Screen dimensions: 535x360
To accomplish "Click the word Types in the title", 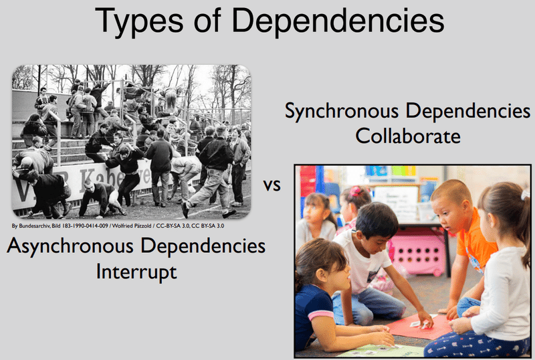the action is pos(139,21).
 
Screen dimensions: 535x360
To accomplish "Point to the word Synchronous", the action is pos(342,112).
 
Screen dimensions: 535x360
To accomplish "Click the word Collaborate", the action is pos(408,136).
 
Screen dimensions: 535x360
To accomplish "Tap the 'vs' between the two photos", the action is pos(272,185).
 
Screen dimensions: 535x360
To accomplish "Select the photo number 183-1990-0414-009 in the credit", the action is pos(85,226).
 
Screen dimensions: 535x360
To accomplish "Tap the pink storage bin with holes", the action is pos(417,253).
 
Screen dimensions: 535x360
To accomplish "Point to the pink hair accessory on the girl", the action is pos(356,191).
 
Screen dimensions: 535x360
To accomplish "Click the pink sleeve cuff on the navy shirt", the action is pos(320,314).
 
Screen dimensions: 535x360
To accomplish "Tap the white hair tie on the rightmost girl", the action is pos(525,195).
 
